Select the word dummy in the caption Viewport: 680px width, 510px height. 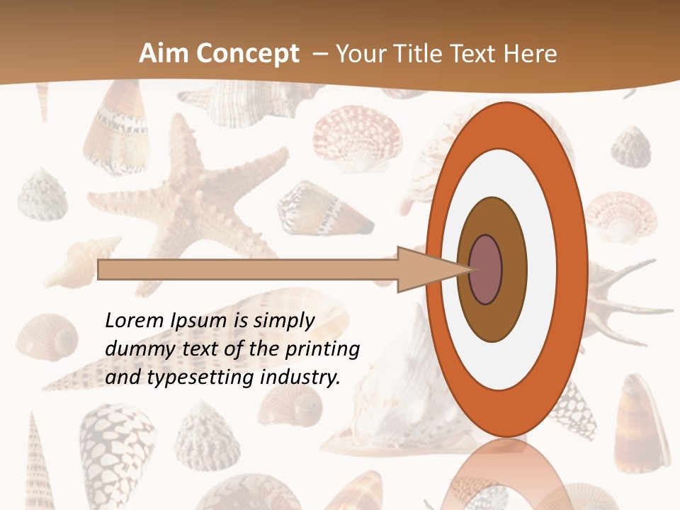(136, 348)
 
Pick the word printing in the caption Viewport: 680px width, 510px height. (322, 349)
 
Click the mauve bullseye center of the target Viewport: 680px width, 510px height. (486, 270)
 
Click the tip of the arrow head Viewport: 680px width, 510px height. (471, 270)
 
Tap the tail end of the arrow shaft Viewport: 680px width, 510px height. (100, 270)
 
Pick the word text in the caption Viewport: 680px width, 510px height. (204, 348)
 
